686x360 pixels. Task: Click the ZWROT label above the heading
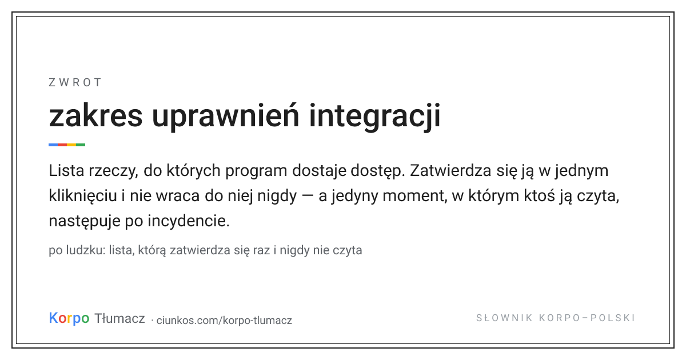click(75, 83)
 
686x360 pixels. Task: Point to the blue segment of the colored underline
click(53, 145)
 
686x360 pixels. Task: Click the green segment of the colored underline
click(81, 145)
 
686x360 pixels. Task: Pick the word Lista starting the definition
click(66, 170)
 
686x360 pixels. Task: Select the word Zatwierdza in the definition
click(451, 170)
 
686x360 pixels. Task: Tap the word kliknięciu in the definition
click(83, 196)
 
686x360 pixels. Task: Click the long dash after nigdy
click(308, 197)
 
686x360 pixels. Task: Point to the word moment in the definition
click(414, 196)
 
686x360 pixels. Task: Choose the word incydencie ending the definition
click(189, 221)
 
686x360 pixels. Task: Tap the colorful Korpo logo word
click(69, 318)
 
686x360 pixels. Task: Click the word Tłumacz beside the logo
click(119, 318)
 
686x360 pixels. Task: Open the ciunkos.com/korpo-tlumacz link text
click(224, 320)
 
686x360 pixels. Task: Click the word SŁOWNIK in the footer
click(504, 318)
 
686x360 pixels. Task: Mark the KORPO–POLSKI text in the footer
click(587, 318)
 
